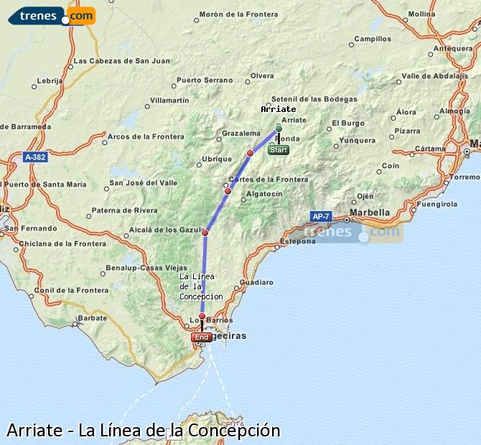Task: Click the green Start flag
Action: click(x=279, y=150)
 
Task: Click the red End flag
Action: click(x=202, y=337)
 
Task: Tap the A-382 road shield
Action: click(x=34, y=156)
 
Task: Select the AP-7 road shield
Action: click(x=321, y=216)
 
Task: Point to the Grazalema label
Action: click(x=241, y=133)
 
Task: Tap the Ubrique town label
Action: click(x=217, y=159)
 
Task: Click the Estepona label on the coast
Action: click(x=298, y=241)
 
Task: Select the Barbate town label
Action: click(x=92, y=317)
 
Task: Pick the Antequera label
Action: click(x=454, y=49)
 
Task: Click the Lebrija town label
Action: click(x=50, y=80)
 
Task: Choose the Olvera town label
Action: click(x=262, y=75)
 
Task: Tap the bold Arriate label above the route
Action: click(x=279, y=109)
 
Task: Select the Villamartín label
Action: click(x=170, y=100)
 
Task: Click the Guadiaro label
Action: click(x=257, y=282)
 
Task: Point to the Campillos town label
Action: click(x=373, y=39)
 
